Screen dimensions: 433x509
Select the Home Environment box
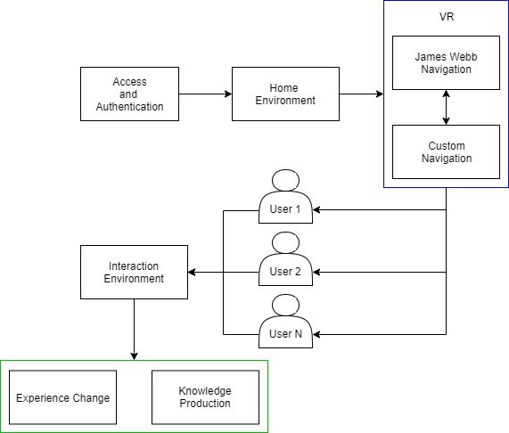click(x=285, y=94)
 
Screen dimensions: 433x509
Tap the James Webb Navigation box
click(x=446, y=61)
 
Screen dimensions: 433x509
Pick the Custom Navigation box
click(x=446, y=151)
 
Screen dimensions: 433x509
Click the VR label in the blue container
click(x=446, y=16)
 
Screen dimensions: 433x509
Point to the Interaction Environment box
click(x=134, y=272)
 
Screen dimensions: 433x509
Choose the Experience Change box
click(x=62, y=397)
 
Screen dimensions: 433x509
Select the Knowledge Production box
click(x=205, y=397)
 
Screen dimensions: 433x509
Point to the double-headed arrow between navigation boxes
click(x=446, y=107)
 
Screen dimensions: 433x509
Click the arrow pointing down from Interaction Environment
click(x=134, y=330)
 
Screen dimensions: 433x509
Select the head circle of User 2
click(x=285, y=242)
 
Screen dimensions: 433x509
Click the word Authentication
click(x=130, y=107)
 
